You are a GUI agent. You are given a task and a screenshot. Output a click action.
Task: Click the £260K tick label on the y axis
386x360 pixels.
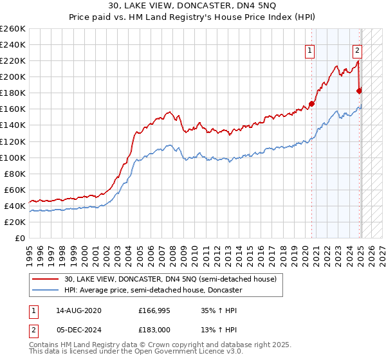point(12,29)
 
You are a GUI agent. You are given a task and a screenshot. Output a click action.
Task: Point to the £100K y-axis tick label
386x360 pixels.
point(12,157)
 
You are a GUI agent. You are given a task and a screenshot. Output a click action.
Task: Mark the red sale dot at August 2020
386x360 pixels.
point(311,104)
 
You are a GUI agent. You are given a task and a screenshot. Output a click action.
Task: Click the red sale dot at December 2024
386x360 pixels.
point(359,91)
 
